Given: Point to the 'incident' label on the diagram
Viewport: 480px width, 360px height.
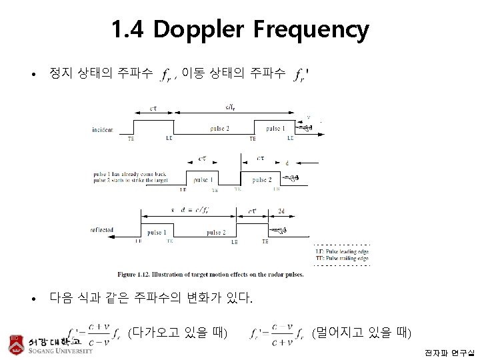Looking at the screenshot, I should pyautogui.click(x=102, y=129).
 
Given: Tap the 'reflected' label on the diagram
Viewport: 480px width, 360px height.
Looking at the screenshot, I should pyautogui.click(x=102, y=230).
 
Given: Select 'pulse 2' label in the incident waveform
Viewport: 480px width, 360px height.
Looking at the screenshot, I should pyautogui.click(x=219, y=128).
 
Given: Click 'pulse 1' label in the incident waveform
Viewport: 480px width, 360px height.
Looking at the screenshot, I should pyautogui.click(x=275, y=128).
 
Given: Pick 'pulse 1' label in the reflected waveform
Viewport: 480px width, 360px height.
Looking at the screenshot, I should pyautogui.click(x=157, y=233).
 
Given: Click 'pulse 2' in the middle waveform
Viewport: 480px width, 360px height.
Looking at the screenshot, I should pyautogui.click(x=261, y=180).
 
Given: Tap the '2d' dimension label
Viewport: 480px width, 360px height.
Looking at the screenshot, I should pyautogui.click(x=281, y=211).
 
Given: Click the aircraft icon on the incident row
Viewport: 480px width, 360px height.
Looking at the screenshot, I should pyautogui.click(x=305, y=127).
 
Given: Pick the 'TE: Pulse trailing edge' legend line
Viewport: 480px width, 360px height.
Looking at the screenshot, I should pyautogui.click(x=342, y=258).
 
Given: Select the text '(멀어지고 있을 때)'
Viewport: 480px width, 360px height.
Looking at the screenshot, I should pyautogui.click(x=361, y=332).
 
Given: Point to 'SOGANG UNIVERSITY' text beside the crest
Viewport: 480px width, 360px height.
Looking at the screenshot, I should pyautogui.click(x=61, y=351).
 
